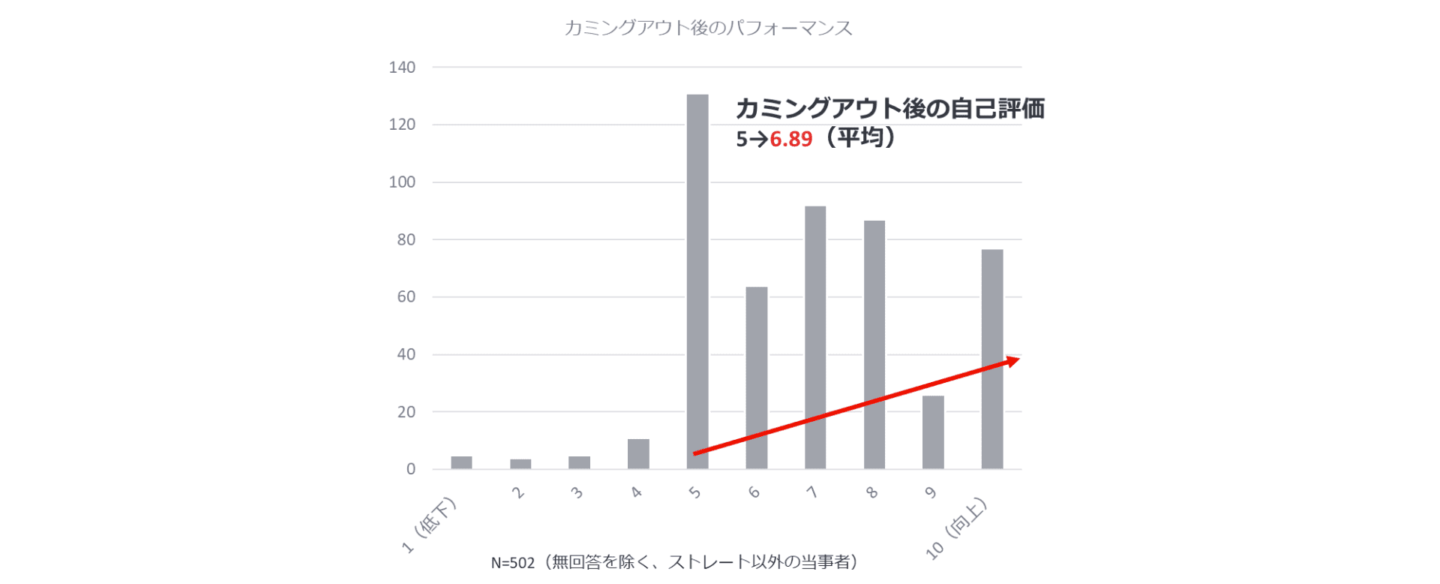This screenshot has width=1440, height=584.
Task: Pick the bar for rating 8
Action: pos(874,345)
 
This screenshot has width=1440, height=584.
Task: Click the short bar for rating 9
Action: pos(933,432)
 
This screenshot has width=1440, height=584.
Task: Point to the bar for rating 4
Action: pos(638,454)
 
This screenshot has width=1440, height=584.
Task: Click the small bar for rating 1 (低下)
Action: pos(461,462)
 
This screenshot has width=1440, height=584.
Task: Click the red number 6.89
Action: pos(791,140)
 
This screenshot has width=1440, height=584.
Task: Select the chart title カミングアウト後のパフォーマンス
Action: pos(708,29)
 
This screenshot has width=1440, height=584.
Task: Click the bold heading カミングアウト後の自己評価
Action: pos(889,109)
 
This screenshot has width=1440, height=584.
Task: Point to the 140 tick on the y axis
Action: pos(402,68)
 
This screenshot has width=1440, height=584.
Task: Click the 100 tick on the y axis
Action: pos(402,182)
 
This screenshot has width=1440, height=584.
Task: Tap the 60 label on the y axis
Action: pos(406,297)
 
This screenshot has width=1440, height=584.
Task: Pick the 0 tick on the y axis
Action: pos(410,469)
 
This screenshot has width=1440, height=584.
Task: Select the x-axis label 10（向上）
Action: pos(957,528)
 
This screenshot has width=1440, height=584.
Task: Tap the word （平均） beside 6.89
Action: pos(858,138)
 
